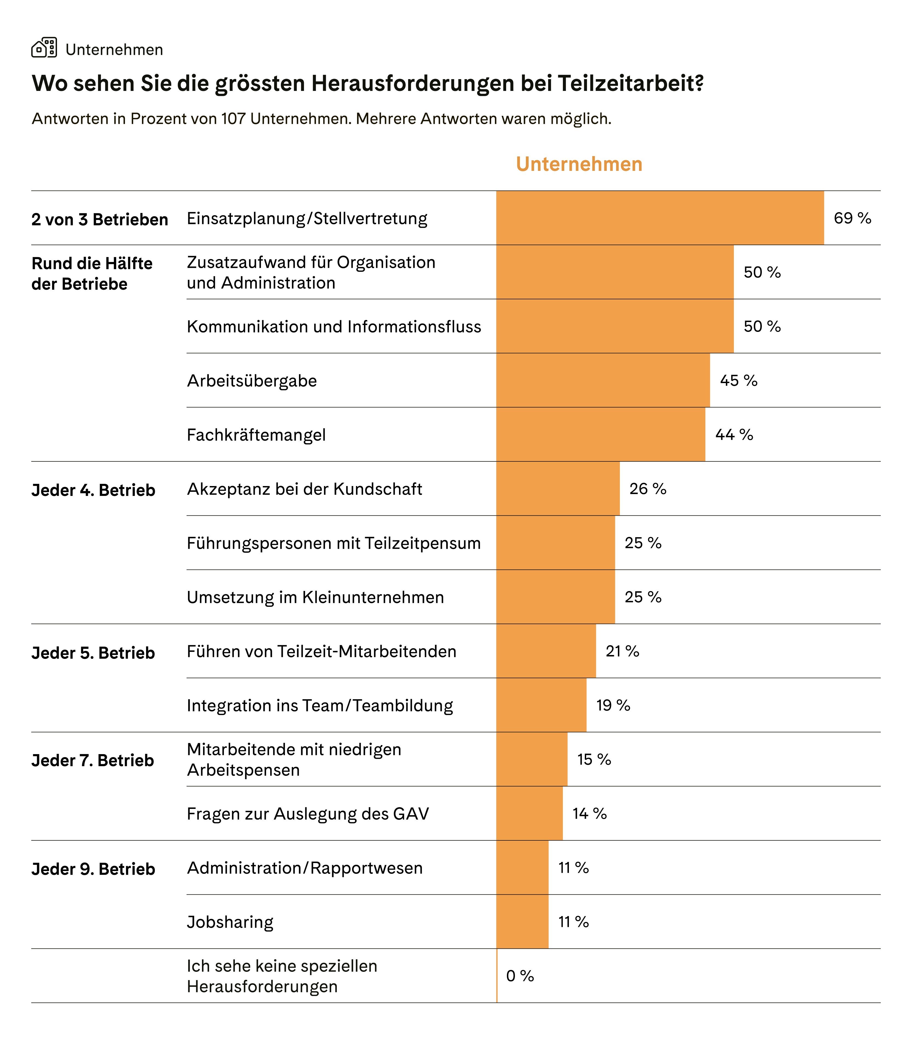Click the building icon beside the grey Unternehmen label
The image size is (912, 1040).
coord(44,48)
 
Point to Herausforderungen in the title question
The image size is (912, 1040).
coord(413,84)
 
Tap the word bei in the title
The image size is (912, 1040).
coord(536,84)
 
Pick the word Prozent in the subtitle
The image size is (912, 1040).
coord(158,119)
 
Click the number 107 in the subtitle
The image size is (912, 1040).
coord(233,119)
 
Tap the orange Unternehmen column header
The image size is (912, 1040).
coord(579,164)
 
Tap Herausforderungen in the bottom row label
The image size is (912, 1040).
coord(262,987)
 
